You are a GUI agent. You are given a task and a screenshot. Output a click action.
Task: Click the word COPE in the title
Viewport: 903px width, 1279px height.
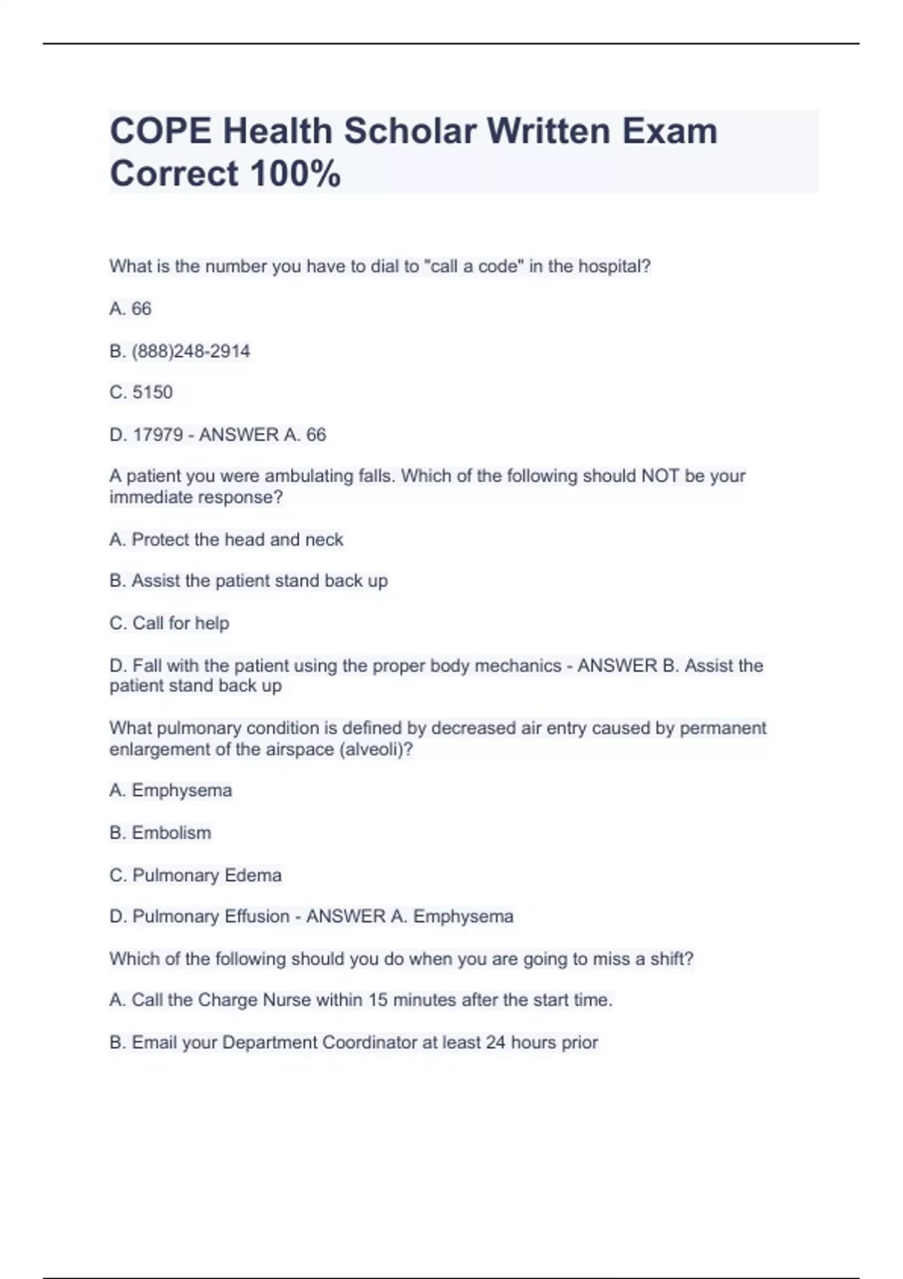pos(160,132)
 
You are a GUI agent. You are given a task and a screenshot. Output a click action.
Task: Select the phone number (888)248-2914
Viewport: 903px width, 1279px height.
pos(190,351)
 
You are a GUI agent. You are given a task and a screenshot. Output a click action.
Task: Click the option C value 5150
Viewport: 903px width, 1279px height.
pos(153,393)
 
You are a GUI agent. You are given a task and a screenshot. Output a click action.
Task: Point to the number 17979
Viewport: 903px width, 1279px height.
pos(157,435)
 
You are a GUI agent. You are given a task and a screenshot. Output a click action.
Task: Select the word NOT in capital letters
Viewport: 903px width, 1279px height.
pos(660,476)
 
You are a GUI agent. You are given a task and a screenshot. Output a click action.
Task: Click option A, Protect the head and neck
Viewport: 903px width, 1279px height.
pos(227,539)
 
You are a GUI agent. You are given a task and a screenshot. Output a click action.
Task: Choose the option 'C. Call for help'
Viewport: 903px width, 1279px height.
pos(169,624)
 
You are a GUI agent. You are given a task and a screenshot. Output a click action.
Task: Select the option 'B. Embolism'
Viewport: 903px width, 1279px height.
pos(160,833)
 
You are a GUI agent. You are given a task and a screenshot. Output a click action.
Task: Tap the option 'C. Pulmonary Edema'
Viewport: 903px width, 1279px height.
pos(196,875)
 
